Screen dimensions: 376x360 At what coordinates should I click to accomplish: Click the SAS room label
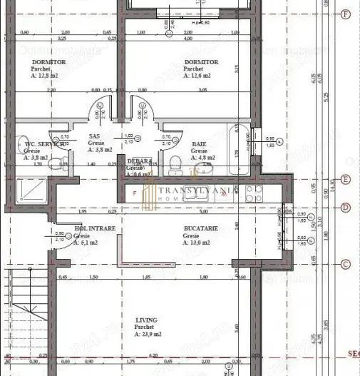click(x=93, y=136)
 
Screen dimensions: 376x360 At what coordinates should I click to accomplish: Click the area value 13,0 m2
click(x=196, y=243)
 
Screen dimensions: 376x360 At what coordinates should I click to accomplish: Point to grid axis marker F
click(x=346, y=14)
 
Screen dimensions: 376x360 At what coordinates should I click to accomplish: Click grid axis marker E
click(x=346, y=180)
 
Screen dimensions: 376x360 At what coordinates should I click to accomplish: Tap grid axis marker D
click(x=346, y=208)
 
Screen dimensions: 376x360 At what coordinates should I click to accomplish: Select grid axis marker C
click(x=346, y=264)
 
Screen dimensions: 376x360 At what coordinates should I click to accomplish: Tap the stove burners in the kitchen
click(x=254, y=192)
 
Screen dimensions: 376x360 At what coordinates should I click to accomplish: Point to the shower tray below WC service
click(x=33, y=190)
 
